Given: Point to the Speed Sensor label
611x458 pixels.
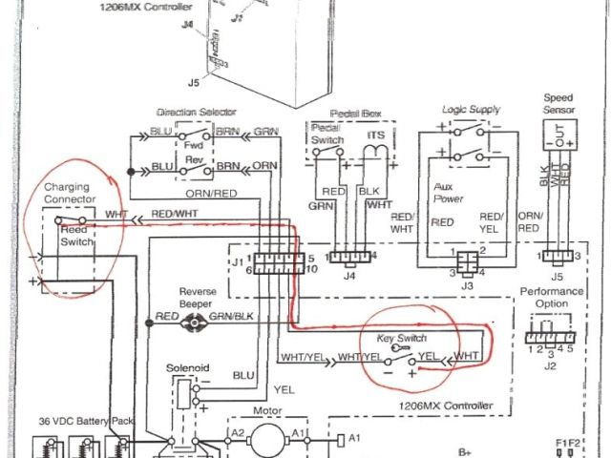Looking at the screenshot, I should [x=558, y=104].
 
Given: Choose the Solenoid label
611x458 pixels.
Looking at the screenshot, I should [x=187, y=368].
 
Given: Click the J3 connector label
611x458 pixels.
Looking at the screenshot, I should [x=467, y=285].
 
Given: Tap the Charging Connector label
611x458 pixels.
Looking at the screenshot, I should [x=70, y=194].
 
